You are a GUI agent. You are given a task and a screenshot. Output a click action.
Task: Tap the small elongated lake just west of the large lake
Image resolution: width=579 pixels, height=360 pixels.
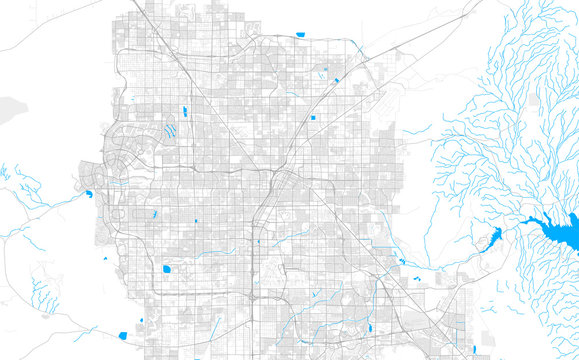pos(491,237)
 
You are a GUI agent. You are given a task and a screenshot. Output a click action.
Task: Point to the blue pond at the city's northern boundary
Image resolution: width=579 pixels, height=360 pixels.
pos(301,36)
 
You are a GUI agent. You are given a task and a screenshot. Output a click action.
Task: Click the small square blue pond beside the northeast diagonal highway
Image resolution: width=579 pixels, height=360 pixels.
pos(313,118)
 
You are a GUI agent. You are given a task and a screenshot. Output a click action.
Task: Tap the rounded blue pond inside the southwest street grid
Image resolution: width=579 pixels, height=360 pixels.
pos(165,268)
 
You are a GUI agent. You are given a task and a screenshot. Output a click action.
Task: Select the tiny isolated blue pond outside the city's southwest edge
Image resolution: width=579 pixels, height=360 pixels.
pos(104,260)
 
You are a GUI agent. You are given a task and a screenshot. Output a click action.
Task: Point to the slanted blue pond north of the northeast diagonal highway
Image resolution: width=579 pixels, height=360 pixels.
pos(337,79)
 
